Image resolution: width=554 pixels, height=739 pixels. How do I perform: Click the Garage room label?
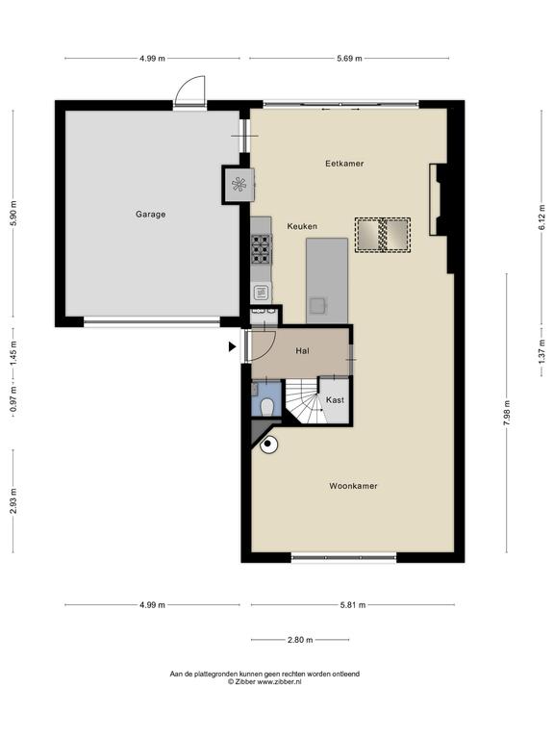pyautogui.click(x=150, y=215)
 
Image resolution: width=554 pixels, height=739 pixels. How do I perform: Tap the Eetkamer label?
pyautogui.click(x=344, y=164)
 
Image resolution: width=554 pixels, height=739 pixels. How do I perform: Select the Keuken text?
pyautogui.click(x=302, y=226)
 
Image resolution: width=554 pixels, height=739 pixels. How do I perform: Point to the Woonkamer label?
pyautogui.click(x=353, y=486)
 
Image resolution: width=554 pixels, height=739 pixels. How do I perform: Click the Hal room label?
pyautogui.click(x=302, y=351)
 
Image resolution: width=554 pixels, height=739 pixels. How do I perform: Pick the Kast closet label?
pyautogui.click(x=335, y=399)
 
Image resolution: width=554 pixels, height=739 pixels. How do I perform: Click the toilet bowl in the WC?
pyautogui.click(x=267, y=407)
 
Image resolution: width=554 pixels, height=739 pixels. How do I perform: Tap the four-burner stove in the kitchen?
pyautogui.click(x=262, y=249)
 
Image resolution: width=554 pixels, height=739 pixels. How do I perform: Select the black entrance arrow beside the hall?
pyautogui.click(x=232, y=346)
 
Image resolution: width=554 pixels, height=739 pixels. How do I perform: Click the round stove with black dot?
pyautogui.click(x=268, y=445)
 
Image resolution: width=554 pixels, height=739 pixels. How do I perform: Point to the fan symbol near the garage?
pyautogui.click(x=239, y=185)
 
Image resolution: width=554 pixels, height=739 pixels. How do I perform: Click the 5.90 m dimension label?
pyautogui.click(x=13, y=214)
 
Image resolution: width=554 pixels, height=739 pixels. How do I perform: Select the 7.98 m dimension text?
pyautogui.click(x=507, y=413)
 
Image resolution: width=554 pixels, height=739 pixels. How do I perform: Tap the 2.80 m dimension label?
pyautogui.click(x=300, y=640)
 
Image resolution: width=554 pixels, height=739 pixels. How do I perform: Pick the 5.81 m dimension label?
pyautogui.click(x=353, y=604)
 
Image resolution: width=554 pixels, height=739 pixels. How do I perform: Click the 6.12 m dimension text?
pyautogui.click(x=541, y=215)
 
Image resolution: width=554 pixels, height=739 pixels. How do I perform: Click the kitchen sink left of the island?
pyautogui.click(x=261, y=293)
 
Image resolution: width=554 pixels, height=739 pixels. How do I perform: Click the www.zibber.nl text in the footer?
pyautogui.click(x=279, y=681)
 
